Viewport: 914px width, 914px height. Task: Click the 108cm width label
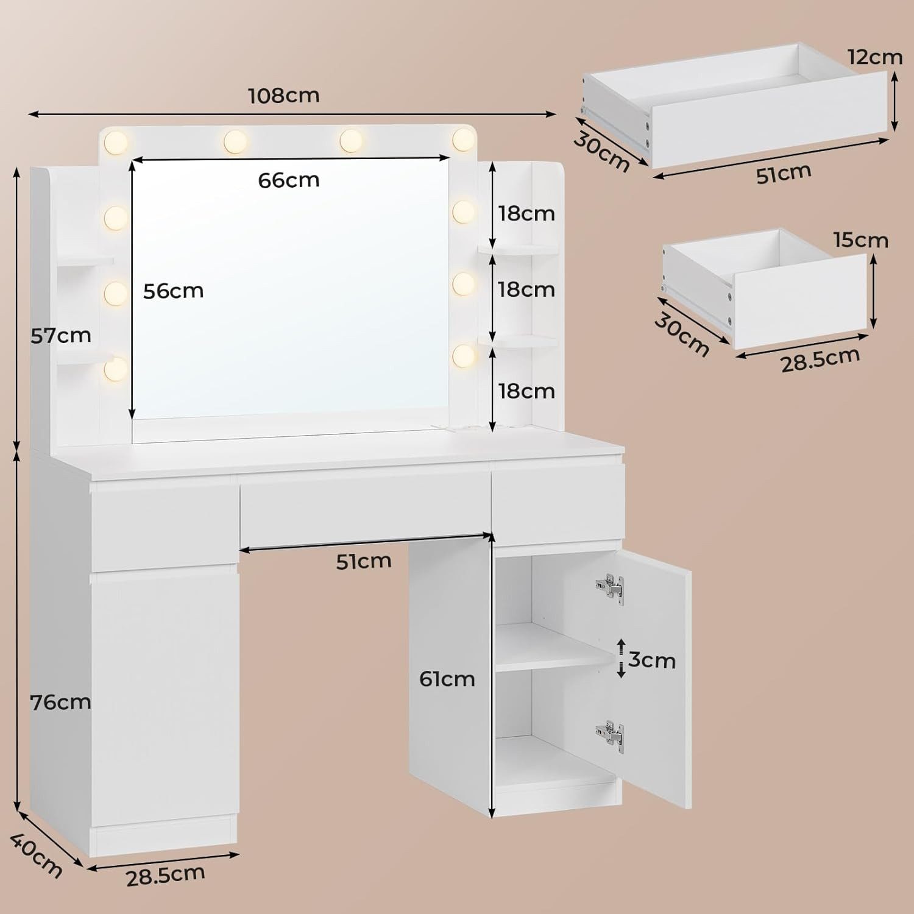tap(284, 96)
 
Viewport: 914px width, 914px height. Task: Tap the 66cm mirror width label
tap(289, 180)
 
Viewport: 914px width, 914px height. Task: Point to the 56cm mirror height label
tap(174, 291)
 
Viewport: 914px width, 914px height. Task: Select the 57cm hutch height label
tap(61, 335)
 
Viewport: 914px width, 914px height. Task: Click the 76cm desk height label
tap(61, 703)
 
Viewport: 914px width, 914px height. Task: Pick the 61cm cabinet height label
tap(447, 679)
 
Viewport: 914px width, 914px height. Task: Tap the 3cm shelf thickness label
tap(652, 660)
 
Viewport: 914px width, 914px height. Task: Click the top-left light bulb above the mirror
tap(116, 142)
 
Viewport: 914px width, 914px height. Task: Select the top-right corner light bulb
tap(464, 140)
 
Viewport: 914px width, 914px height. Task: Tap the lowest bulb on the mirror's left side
tap(116, 368)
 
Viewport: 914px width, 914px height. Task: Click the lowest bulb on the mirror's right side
tap(464, 354)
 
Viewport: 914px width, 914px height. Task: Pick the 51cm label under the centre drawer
tap(364, 561)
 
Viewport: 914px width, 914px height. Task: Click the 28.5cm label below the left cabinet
tap(165, 875)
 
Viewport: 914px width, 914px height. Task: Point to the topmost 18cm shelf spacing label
tap(526, 214)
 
